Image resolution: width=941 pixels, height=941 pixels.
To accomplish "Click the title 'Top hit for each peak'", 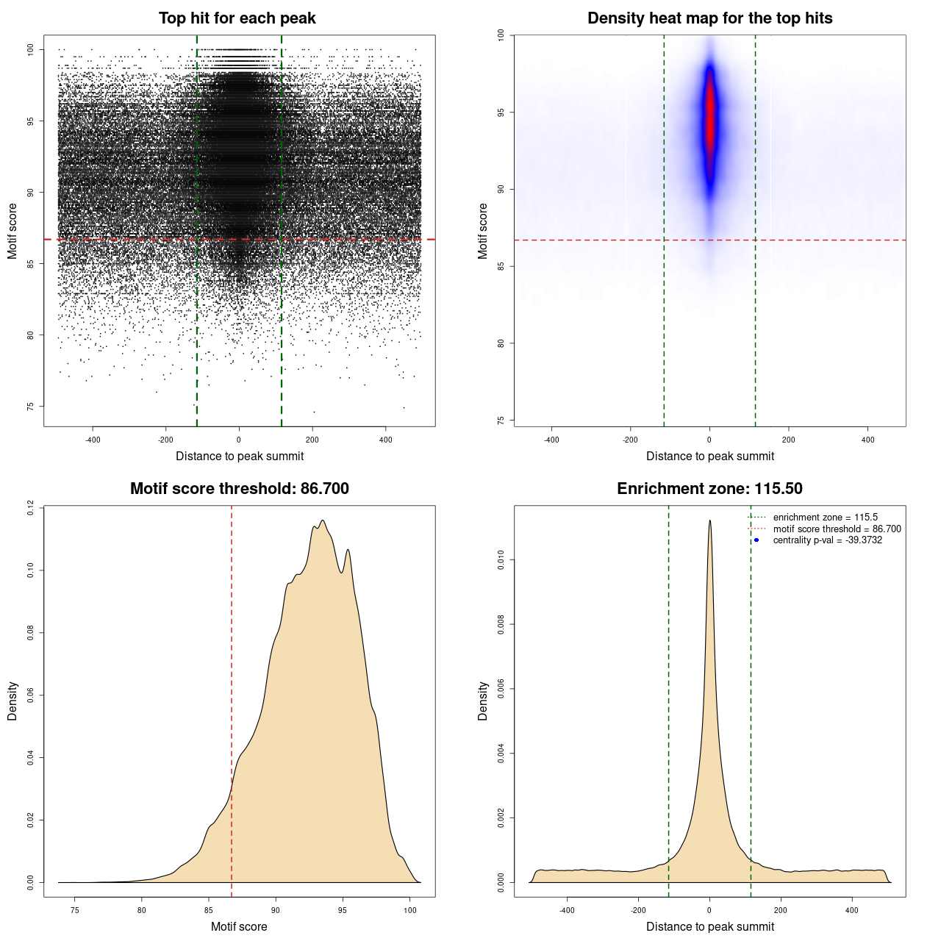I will [x=237, y=18].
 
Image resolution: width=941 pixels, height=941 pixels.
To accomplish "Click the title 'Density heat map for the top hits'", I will [x=709, y=18].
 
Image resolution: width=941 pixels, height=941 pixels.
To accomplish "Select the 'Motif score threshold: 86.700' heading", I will [x=239, y=489].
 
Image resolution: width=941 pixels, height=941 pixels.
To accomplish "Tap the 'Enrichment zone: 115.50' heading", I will [x=709, y=489].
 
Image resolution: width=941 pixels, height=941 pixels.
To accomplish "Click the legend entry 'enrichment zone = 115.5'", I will [x=825, y=518].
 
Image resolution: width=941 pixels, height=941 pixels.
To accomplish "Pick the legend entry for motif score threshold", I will [x=837, y=529].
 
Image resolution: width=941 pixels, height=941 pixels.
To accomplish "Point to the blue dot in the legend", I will [x=756, y=540].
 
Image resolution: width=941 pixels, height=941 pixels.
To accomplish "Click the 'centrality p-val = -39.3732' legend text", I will [x=827, y=540].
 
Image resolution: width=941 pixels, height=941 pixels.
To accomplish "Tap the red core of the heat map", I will [x=709, y=118].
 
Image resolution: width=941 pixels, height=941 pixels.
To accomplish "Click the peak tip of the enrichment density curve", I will [x=709, y=521].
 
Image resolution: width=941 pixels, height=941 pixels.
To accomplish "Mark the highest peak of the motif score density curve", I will [x=322, y=521].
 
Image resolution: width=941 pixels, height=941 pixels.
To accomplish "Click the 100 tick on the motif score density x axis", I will [x=410, y=910].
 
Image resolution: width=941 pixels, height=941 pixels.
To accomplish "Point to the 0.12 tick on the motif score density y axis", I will [x=30, y=507].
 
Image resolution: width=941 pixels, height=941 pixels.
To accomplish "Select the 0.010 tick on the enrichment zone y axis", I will [x=501, y=560].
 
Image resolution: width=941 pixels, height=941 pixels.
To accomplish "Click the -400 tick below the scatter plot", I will [x=93, y=440].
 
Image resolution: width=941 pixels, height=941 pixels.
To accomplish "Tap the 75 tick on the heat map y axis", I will [x=501, y=421].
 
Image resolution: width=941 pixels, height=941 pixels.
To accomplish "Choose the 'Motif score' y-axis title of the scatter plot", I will [x=12, y=231].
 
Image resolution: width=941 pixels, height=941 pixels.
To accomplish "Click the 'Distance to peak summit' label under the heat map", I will [x=709, y=457].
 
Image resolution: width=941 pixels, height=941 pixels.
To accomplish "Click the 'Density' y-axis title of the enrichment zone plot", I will [x=483, y=701].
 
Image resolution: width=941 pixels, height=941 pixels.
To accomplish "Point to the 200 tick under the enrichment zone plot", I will [x=781, y=910].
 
